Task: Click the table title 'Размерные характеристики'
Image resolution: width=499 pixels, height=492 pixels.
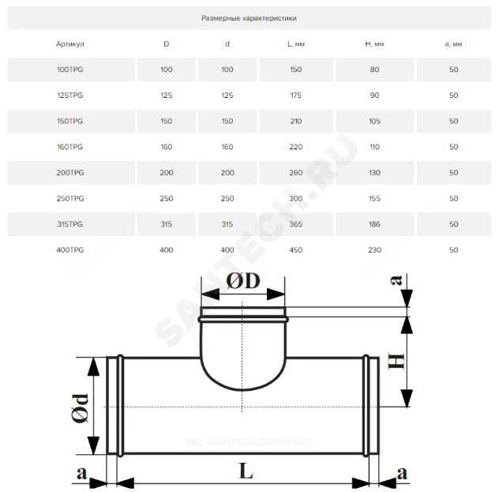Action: (249, 18)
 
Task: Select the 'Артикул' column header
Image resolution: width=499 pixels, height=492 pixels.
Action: (70, 44)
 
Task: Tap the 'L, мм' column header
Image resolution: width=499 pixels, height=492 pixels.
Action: (295, 44)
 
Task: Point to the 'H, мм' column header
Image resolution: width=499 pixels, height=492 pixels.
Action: (374, 44)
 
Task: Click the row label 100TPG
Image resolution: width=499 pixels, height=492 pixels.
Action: (70, 69)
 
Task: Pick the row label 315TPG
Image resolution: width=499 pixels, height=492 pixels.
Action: (70, 224)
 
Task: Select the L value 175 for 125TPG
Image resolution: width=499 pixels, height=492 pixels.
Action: (295, 95)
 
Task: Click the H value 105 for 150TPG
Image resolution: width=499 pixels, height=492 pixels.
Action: (374, 121)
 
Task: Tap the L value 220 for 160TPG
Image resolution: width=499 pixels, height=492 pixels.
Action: (295, 147)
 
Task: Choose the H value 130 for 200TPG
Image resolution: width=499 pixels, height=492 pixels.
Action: (374, 172)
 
